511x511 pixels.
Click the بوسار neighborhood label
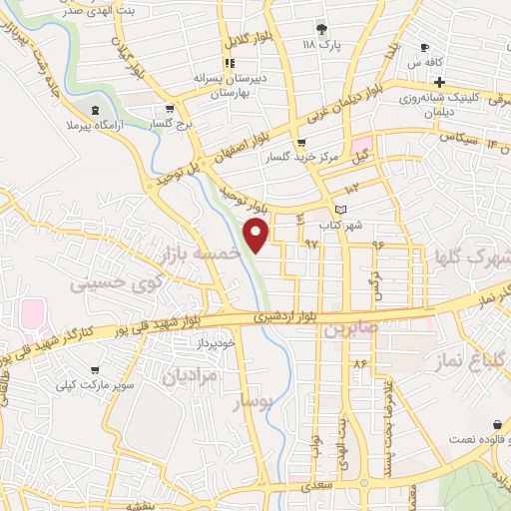click(251, 402)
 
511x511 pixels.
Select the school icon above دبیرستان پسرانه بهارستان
click(230, 63)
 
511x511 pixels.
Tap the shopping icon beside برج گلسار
click(171, 109)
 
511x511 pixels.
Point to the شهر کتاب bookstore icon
click(343, 209)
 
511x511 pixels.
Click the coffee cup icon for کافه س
click(425, 48)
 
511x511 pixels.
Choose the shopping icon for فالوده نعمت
click(497, 424)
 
